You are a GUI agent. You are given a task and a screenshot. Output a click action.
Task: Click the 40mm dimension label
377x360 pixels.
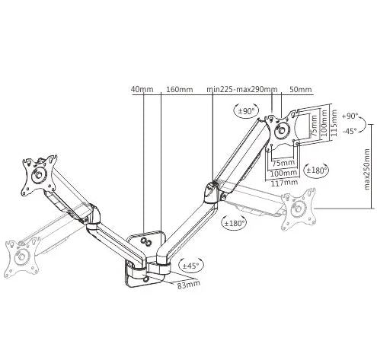pyautogui.click(x=142, y=89)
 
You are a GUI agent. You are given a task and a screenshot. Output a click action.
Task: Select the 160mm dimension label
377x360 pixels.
pyautogui.click(x=179, y=89)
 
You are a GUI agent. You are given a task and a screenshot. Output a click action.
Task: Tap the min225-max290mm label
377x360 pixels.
pyautogui.click(x=242, y=89)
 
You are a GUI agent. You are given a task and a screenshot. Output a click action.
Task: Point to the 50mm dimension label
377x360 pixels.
pyautogui.click(x=300, y=89)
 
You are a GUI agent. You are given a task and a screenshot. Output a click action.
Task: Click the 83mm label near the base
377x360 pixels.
pyautogui.click(x=188, y=285)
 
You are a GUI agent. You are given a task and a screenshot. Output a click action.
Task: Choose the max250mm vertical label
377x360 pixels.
pyautogui.click(x=366, y=169)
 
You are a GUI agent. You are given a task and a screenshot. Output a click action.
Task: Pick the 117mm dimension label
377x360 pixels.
pyautogui.click(x=284, y=183)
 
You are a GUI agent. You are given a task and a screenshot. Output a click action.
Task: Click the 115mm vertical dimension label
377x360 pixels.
pyautogui.click(x=334, y=123)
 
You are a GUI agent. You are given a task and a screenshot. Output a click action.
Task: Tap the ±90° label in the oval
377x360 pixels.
pyautogui.click(x=246, y=111)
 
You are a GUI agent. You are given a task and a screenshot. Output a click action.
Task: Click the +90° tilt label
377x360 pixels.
pyautogui.click(x=350, y=116)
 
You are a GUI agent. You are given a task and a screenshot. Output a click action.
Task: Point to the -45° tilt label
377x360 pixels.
pyautogui.click(x=350, y=131)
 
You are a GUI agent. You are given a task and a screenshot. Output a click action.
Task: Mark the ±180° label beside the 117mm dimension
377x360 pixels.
pyautogui.click(x=316, y=170)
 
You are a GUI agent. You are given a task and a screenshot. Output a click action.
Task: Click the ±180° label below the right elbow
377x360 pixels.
pyautogui.click(x=235, y=223)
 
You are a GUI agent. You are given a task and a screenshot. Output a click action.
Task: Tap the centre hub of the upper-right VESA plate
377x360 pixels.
pyautogui.click(x=282, y=130)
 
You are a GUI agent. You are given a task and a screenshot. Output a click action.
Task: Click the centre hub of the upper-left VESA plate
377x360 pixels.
pyautogui.click(x=39, y=175)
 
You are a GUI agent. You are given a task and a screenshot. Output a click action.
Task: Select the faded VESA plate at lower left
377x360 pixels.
pyautogui.click(x=22, y=257)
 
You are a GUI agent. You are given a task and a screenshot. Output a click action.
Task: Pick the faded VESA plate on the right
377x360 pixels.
pyautogui.click(x=299, y=209)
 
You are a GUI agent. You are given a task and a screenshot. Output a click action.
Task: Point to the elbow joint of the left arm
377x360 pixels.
pyautogui.click(x=93, y=215)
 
